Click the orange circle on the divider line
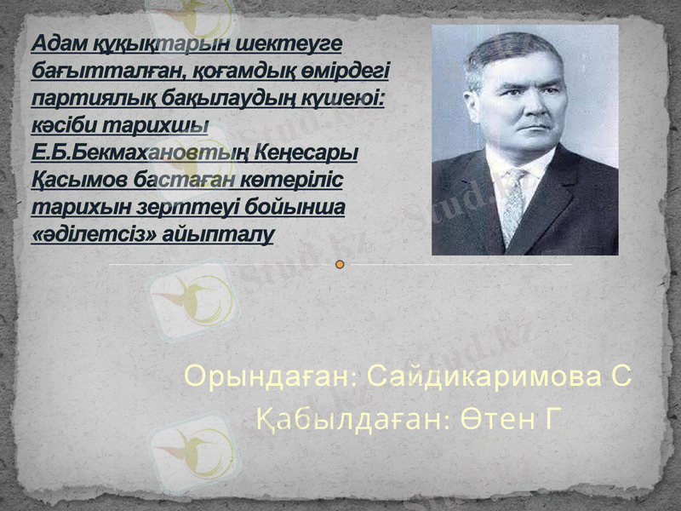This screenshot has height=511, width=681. click(340, 265)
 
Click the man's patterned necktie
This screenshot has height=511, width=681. click(512, 204)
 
